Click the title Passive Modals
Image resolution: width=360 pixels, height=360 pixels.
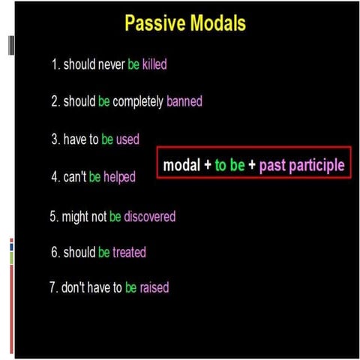pos(184,23)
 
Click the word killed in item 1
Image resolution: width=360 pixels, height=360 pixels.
pos(154,64)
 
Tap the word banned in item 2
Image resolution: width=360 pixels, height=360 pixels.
pos(184,101)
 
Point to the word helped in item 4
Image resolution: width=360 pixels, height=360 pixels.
pos(119,178)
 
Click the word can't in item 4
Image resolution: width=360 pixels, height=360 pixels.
pos(74,178)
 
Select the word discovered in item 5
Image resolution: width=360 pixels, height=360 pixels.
pos(150,217)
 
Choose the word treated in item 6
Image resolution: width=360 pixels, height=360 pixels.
pos(130,253)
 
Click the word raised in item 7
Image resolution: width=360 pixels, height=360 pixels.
pos(154,287)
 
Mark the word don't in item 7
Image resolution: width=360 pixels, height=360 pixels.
pos(73,287)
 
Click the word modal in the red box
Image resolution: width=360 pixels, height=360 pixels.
pos(181,165)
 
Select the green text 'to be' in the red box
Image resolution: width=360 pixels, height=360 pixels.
pos(229,165)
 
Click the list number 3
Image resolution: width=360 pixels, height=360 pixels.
pos(55,139)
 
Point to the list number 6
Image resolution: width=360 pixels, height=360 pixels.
pos(55,253)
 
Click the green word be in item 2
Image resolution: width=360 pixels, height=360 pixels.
pos(103,101)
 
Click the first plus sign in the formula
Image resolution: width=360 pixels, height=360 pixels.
pos(206,165)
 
